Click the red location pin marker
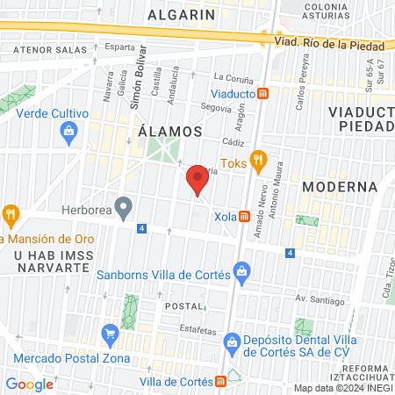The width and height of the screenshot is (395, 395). coord(197,181)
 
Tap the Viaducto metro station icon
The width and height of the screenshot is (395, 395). coord(275,93)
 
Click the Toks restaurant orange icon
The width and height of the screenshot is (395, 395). coord(257,160)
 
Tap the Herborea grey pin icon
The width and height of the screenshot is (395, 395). coord(125,209)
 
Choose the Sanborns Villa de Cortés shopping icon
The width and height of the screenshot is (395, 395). coord(241,273)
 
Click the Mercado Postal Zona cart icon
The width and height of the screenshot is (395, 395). coord(110,334)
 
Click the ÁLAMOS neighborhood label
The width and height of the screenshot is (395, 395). coord(170,132)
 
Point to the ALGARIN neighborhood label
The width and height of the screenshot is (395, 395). coord(182,15)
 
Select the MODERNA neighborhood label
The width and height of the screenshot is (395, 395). coord(339,187)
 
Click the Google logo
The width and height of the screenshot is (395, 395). coord(30,384)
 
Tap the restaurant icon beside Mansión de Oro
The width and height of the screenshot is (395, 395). coord(11,212)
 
